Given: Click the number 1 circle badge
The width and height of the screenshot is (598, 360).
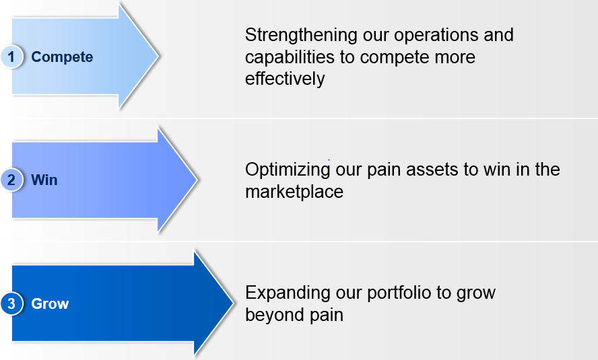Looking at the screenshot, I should [11, 57].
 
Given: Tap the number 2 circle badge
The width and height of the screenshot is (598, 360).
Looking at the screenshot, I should [11, 180].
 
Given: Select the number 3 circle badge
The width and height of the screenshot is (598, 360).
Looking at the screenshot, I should [11, 303].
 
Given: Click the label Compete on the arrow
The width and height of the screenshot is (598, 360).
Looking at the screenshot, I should [62, 57].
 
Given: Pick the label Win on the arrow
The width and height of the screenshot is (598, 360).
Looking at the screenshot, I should [44, 180].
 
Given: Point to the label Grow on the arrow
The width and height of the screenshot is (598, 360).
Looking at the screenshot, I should [50, 304].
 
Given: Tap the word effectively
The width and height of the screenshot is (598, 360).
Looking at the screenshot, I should [285, 79].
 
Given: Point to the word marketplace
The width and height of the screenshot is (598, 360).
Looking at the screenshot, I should [294, 191].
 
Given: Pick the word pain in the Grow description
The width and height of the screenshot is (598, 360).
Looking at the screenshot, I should [327, 315].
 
